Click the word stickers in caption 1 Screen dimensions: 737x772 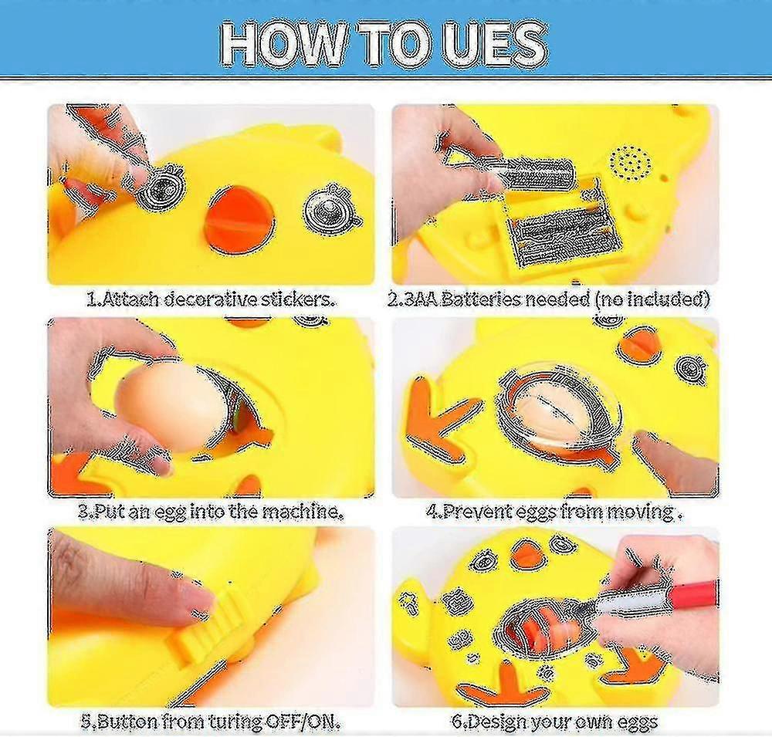pos(298,299)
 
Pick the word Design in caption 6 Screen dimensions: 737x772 pos(496,723)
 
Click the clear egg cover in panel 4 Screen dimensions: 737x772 pos(560,409)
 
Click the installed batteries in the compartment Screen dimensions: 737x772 pos(568,232)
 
